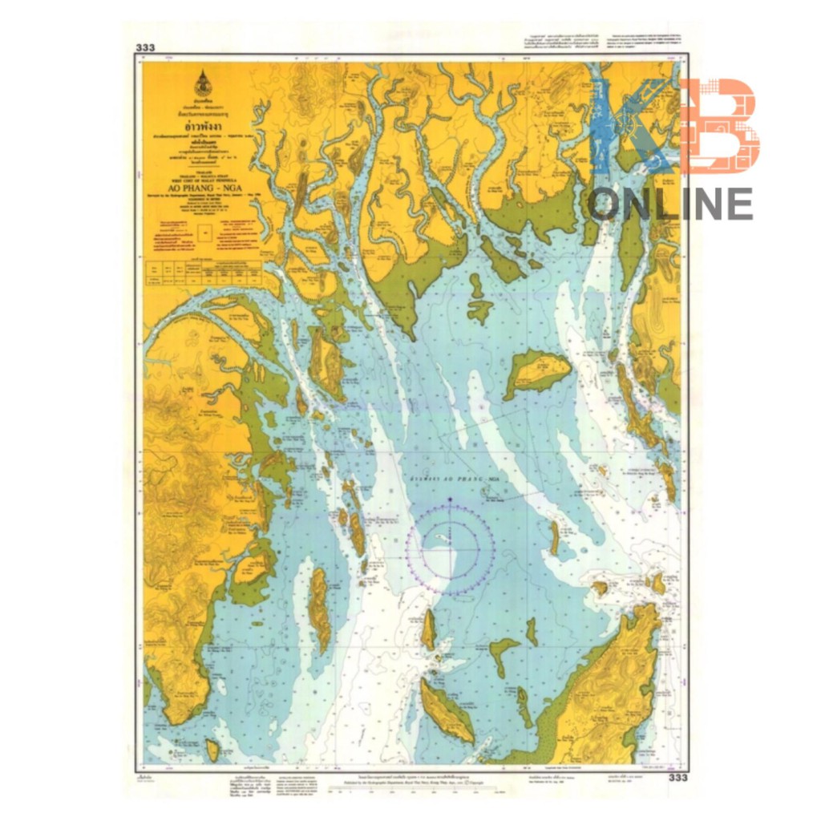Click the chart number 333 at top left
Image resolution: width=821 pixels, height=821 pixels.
point(145,47)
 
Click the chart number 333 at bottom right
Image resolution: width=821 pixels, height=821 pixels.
point(677,778)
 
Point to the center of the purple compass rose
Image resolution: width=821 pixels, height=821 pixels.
point(450,549)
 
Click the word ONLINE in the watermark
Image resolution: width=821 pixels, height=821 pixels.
point(672,204)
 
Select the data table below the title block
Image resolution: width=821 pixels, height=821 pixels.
point(204,273)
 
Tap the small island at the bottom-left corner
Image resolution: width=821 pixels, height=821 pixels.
point(212,750)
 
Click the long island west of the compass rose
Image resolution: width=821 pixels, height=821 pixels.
point(319,609)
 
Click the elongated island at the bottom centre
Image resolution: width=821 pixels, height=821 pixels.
point(447,710)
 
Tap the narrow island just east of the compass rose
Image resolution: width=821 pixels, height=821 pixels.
point(554,536)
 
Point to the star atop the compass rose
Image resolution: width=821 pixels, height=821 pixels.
point(450,499)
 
